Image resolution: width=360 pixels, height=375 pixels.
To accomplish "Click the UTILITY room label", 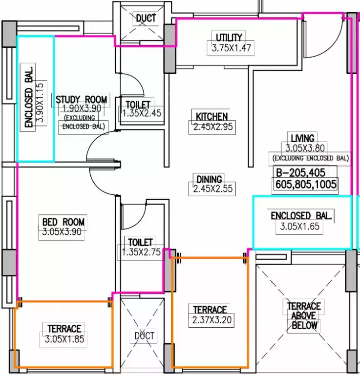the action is tap(229, 38).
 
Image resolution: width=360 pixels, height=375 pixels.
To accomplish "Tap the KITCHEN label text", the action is tap(212, 117).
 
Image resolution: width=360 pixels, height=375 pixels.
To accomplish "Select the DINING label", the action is tap(209, 179).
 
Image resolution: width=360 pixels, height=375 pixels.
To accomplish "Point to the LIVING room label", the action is tap(302, 138).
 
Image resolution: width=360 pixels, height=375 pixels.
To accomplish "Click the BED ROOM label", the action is tap(64, 222).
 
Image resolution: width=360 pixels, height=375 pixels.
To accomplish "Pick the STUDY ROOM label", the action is tap(81, 100).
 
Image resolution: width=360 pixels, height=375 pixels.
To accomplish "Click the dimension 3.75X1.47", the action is tap(232, 48).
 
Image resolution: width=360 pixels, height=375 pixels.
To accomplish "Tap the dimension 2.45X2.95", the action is tap(213, 127).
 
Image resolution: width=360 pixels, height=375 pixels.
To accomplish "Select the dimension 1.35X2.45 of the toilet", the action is tap(142, 113).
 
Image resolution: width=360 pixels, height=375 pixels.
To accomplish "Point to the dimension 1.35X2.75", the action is tap(141, 252).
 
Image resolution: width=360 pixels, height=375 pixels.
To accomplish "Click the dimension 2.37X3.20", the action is tap(212, 320).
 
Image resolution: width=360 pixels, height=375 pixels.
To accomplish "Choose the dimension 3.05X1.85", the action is tap(64, 339).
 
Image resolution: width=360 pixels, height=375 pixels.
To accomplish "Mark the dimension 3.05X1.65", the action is tap(300, 226).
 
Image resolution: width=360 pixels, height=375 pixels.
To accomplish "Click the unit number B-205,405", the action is tap(301, 172).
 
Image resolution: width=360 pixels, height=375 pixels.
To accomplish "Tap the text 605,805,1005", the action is tap(306, 185).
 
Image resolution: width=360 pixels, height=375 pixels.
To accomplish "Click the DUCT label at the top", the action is tap(146, 18).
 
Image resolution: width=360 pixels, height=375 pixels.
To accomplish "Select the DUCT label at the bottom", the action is tap(145, 336).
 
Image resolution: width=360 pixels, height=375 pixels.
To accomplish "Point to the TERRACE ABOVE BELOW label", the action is tap(304, 316).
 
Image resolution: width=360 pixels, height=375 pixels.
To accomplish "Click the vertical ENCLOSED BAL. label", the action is tap(28, 97).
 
